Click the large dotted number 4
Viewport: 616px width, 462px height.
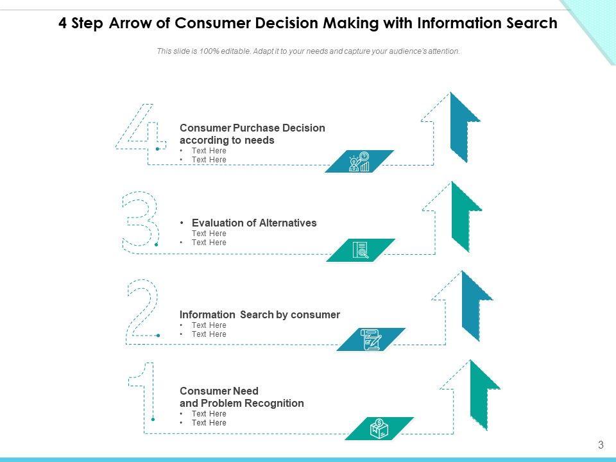pos(140,127)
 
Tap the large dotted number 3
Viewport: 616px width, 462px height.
pos(141,219)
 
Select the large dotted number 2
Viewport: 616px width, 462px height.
pos(143,308)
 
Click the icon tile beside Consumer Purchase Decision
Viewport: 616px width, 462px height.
pos(359,162)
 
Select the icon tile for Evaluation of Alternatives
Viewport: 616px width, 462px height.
pos(361,250)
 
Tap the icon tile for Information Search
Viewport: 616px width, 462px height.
pos(372,339)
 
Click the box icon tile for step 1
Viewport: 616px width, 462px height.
pos(379,429)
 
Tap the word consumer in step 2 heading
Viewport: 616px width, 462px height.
pos(315,314)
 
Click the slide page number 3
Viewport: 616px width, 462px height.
pos(601,445)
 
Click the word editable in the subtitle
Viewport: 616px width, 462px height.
pos(234,51)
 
